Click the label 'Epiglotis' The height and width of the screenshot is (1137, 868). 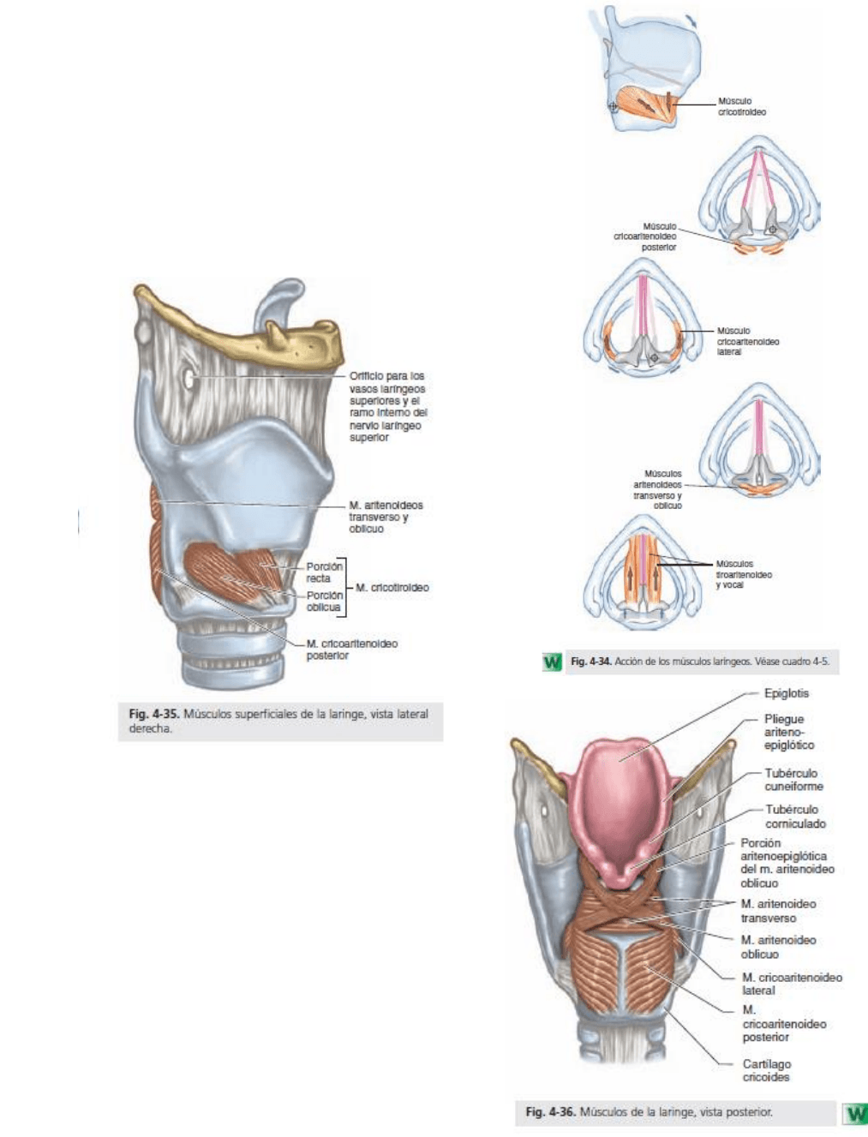[x=786, y=693]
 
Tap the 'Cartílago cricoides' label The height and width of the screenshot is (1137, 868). [x=766, y=1070]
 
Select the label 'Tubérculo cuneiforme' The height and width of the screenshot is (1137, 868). [x=793, y=780]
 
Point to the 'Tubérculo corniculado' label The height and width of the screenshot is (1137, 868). [x=795, y=816]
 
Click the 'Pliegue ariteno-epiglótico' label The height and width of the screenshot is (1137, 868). [x=788, y=732]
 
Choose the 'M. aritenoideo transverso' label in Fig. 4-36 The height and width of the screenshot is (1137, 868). [x=778, y=911]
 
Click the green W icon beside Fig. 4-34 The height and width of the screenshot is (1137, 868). [x=553, y=661]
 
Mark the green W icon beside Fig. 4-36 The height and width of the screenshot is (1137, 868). [x=855, y=1112]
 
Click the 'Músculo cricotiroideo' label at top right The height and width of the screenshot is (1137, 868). [x=741, y=106]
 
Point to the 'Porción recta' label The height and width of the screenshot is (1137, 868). [x=324, y=572]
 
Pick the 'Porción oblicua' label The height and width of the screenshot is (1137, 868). [x=324, y=601]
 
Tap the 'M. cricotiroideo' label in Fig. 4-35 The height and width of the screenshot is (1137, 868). [x=392, y=588]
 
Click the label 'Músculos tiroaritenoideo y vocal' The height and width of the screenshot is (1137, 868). [x=743, y=574]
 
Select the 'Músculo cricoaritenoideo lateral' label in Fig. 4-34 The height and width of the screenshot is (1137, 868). [x=747, y=341]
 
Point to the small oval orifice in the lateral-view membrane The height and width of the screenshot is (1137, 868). [x=188, y=377]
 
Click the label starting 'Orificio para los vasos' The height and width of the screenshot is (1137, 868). [x=386, y=406]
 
